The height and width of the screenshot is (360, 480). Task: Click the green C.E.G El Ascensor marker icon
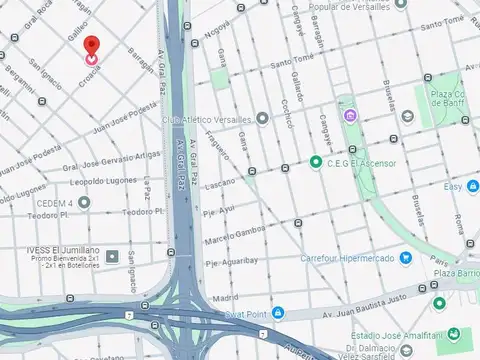[x=316, y=162]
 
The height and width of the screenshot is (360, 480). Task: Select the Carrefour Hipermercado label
[x=348, y=258]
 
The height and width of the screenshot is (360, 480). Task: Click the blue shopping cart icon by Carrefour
[x=406, y=258]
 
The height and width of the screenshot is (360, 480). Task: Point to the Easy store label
[x=453, y=187]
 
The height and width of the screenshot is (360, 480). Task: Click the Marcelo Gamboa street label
[x=236, y=234]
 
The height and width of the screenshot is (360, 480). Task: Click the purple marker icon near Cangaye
[x=350, y=116]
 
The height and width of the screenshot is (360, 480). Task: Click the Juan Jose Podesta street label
[x=124, y=117]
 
